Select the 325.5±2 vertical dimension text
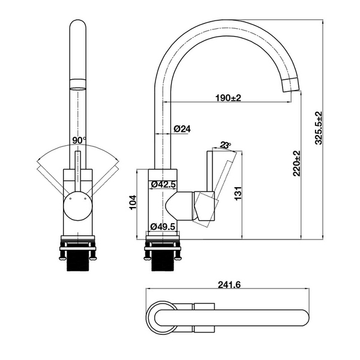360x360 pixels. [x=319, y=127]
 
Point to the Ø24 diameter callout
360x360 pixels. [x=182, y=129]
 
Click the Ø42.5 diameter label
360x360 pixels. [x=163, y=184]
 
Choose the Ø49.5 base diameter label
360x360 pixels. [x=163, y=226]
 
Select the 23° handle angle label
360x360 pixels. [x=226, y=145]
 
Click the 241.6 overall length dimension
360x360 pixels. [x=230, y=285]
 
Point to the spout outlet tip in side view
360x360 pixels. [x=290, y=85]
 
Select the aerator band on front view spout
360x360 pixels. [x=78, y=83]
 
